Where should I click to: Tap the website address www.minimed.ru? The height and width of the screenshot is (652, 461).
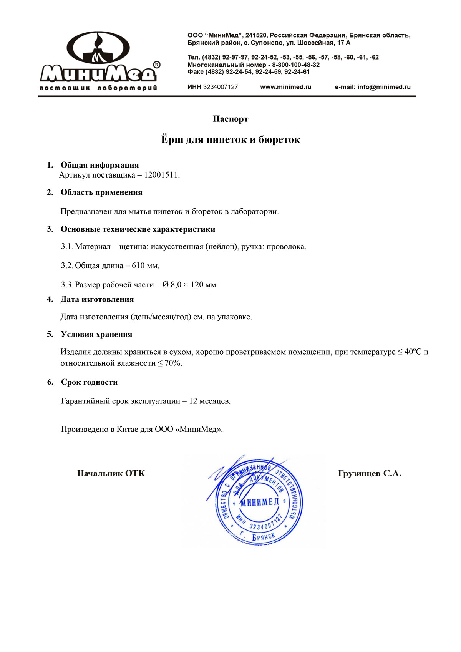pos(286,87)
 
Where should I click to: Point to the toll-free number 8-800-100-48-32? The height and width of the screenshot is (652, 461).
pos(296,65)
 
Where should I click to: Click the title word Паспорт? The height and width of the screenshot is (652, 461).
pos(230,119)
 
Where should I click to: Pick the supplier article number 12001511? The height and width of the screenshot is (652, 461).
pos(161,175)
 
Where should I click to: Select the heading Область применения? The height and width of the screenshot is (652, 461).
pos(101,192)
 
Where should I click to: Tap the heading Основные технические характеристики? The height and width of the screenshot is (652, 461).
pos(138,229)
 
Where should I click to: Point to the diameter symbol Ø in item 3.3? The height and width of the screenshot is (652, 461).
pos(165,285)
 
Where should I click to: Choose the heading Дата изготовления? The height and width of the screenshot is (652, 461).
pos(97,299)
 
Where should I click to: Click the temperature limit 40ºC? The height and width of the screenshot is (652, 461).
pos(413,352)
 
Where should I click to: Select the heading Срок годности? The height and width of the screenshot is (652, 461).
pos(89,382)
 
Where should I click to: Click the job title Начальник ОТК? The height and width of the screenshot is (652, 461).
pos(111,473)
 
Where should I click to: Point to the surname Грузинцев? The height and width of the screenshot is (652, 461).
pos(359,474)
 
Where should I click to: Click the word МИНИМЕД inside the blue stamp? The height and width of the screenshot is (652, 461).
pos(259,502)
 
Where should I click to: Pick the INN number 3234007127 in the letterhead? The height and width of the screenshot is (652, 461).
pos(221,87)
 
